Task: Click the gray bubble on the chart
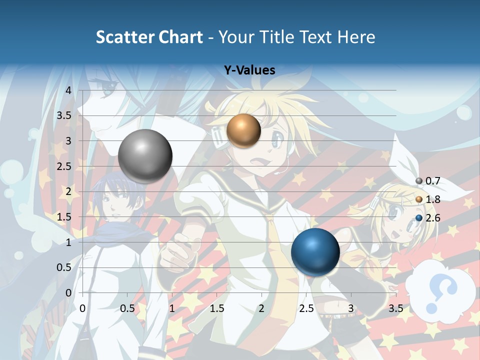tap(145, 156)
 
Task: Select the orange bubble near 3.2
tap(243, 130)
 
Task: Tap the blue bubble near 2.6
tap(315, 251)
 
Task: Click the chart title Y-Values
tap(249, 70)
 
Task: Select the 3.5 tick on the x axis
tap(395, 308)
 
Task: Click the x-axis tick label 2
tap(261, 308)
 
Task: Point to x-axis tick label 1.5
tap(216, 308)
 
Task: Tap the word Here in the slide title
tap(355, 37)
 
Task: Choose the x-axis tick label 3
tap(350, 308)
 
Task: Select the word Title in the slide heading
tap(280, 37)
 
